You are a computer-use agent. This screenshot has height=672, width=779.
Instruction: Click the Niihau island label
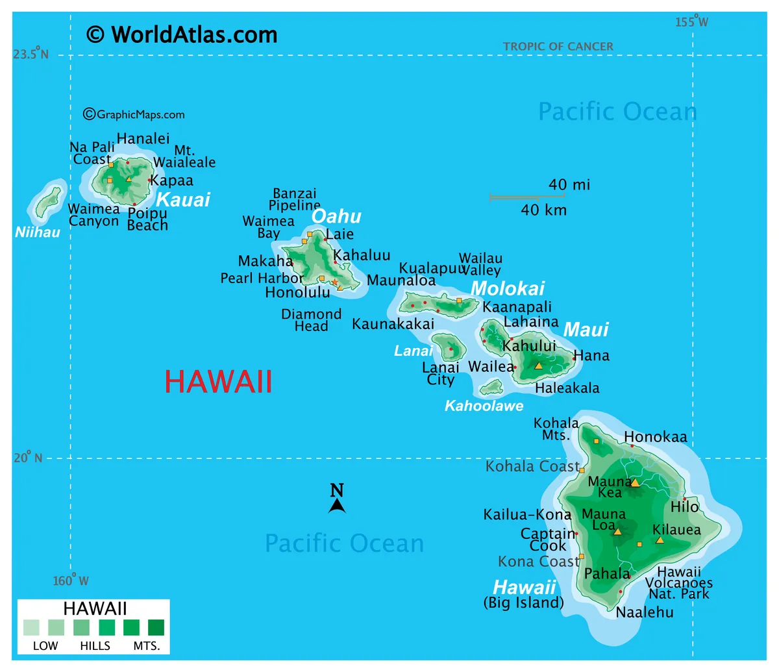point(38,232)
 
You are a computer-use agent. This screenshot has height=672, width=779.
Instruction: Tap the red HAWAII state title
point(218,382)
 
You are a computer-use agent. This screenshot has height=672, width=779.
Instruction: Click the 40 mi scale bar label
point(569,185)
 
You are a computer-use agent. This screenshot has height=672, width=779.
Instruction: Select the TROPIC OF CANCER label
point(558,47)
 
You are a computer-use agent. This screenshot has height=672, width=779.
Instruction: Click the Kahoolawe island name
point(484,406)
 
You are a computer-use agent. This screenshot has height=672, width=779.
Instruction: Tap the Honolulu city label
point(297,293)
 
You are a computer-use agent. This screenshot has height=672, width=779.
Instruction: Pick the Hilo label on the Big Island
point(685,507)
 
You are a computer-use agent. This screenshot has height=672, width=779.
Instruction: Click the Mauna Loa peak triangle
point(617,532)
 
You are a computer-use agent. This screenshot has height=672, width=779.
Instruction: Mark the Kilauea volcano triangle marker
point(660,540)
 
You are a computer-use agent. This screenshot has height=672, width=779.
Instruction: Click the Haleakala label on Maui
point(567,388)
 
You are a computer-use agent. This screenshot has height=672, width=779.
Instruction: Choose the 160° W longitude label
point(71,580)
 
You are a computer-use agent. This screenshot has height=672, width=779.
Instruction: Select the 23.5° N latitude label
point(31,54)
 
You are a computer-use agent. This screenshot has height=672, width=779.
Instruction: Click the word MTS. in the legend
point(147,646)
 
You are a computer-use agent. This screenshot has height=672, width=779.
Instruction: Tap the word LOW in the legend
point(45,646)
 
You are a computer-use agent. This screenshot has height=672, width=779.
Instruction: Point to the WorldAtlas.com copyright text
point(182,34)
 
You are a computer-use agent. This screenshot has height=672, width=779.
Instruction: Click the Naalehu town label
point(645,612)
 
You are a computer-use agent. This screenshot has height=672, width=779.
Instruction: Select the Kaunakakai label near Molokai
point(393,324)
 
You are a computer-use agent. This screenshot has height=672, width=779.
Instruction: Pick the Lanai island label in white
point(413,351)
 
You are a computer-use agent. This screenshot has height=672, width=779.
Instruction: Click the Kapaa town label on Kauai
point(172,180)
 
